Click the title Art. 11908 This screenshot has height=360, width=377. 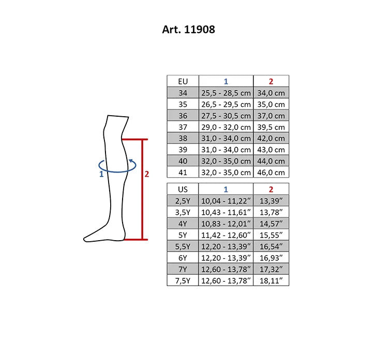click(188, 29)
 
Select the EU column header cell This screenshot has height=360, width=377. click(183, 81)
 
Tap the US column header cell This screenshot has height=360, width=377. click(183, 189)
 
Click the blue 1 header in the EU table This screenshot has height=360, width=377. click(226, 81)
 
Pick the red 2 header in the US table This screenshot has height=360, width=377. click(271, 189)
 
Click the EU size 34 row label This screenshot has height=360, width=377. click(183, 92)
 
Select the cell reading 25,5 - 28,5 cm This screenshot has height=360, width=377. click(226, 92)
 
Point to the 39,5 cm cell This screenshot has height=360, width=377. click(271, 127)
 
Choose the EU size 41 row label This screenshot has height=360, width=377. click(183, 173)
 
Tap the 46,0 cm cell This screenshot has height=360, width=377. click(271, 173)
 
